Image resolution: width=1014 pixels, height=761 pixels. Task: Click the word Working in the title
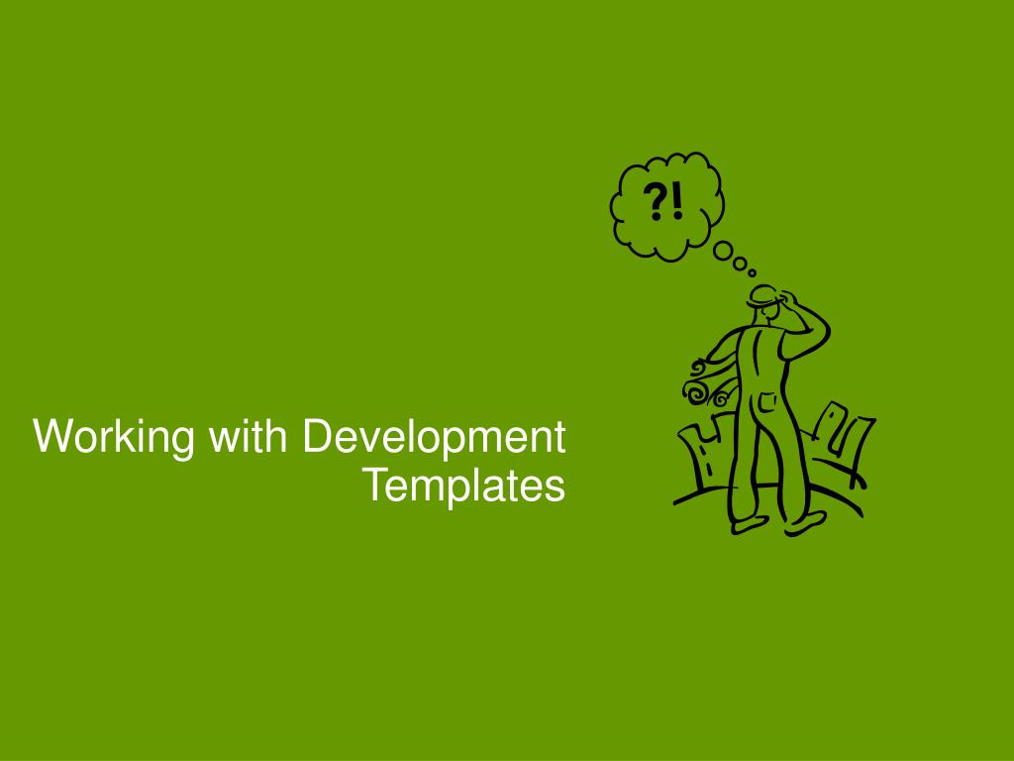tap(114, 437)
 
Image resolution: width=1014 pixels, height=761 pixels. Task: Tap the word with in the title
tap(248, 435)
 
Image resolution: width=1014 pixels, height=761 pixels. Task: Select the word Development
tap(434, 437)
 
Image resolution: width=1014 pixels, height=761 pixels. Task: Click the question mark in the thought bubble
tap(656, 202)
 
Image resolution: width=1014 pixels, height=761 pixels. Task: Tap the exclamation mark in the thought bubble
tap(676, 202)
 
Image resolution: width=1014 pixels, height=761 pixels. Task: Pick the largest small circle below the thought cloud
tap(723, 251)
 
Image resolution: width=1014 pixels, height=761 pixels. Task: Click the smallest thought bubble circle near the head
tap(753, 273)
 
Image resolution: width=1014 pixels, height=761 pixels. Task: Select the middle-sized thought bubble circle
tap(740, 264)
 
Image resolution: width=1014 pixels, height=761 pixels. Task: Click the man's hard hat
tap(763, 295)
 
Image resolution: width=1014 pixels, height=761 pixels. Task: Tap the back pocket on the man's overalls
tap(767, 402)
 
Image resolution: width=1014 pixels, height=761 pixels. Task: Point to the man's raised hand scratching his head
tap(787, 299)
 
